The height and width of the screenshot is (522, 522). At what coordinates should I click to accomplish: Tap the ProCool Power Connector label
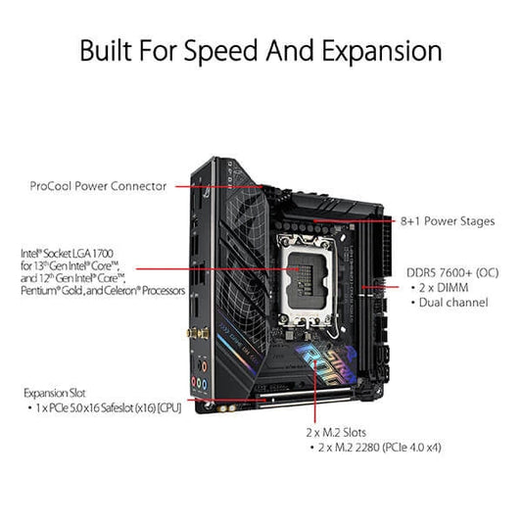click(x=97, y=185)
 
